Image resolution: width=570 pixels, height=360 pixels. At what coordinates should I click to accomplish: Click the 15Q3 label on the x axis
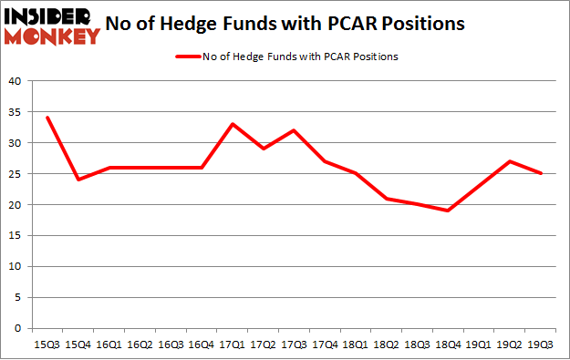pyautogui.click(x=47, y=345)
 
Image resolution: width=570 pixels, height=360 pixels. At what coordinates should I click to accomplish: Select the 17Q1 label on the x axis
pyautogui.click(x=233, y=345)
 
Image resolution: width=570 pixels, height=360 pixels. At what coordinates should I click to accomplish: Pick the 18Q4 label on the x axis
pyautogui.click(x=448, y=345)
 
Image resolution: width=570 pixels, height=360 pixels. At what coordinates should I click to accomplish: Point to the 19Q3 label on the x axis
pyautogui.click(x=540, y=345)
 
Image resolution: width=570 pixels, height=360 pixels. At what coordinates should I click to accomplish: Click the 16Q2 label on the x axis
pyautogui.click(x=140, y=345)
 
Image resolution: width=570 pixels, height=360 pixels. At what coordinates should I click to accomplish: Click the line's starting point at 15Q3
pyautogui.click(x=47, y=118)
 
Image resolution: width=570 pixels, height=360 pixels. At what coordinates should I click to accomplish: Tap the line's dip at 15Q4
pyautogui.click(x=78, y=180)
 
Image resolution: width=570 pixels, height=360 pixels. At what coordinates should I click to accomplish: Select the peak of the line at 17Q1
pyautogui.click(x=233, y=124)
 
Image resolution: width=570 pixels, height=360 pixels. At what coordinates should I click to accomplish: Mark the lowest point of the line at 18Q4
pyautogui.click(x=448, y=211)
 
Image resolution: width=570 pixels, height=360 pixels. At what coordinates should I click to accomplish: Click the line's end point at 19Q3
pyautogui.click(x=540, y=173)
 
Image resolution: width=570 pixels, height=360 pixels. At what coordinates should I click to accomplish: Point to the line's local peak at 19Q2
pyautogui.click(x=509, y=161)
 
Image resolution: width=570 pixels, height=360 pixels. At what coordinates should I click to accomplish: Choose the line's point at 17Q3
pyautogui.click(x=294, y=130)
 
